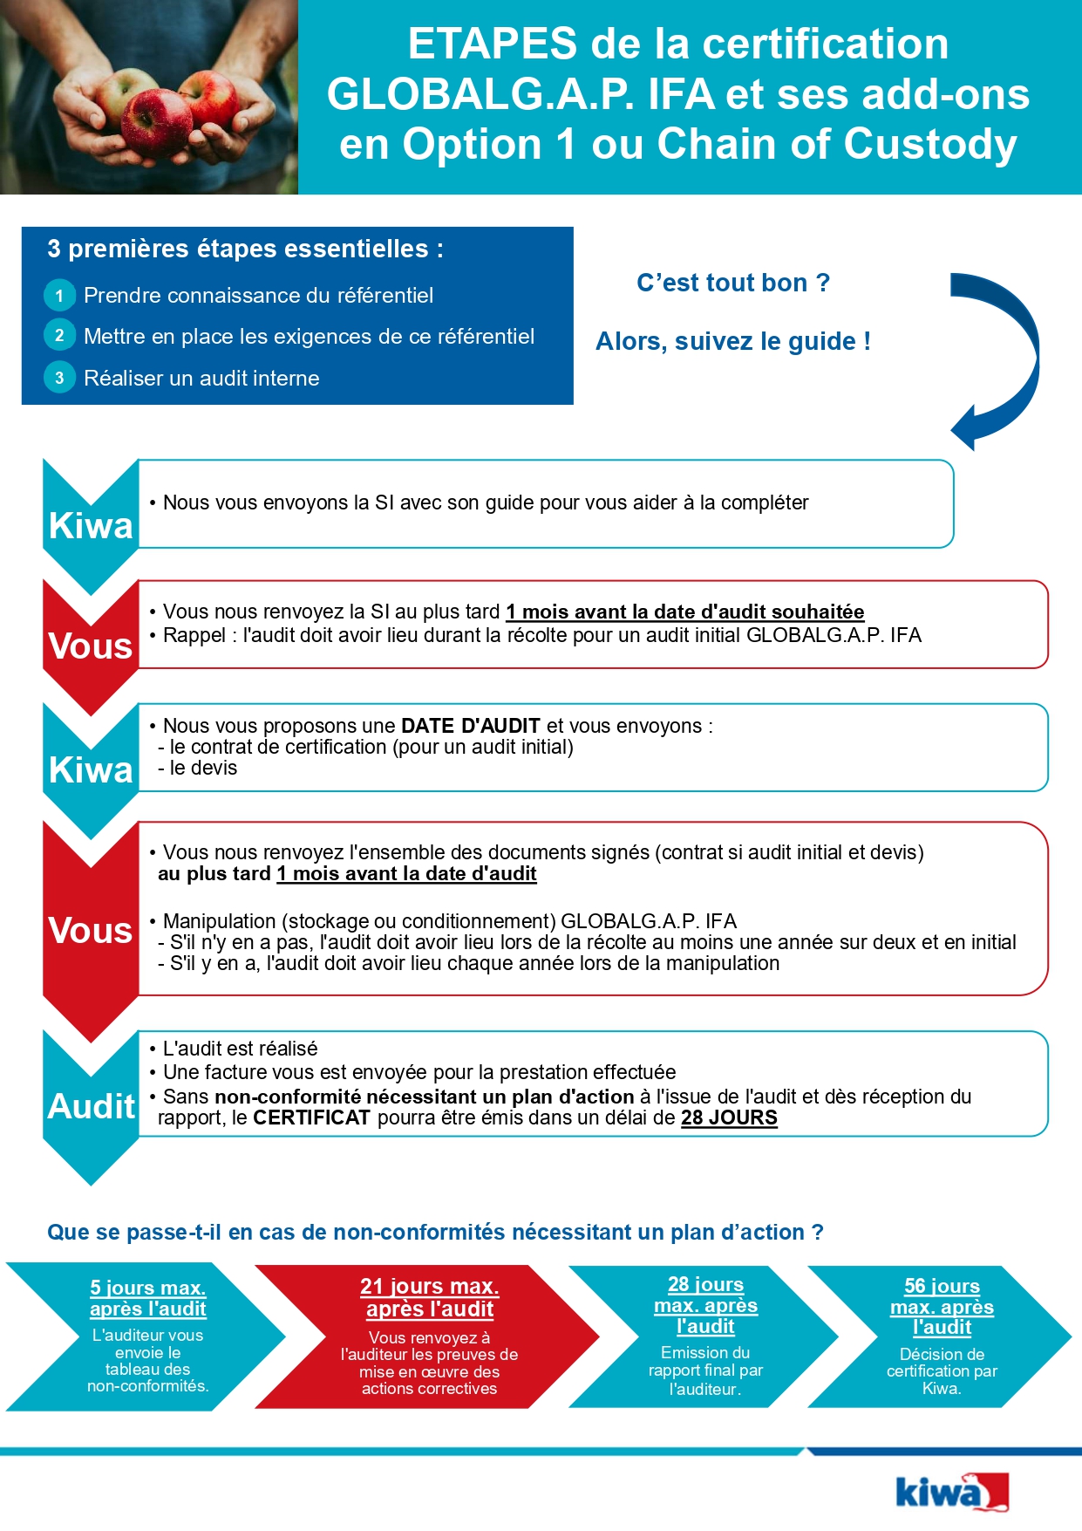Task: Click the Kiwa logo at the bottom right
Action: (951, 1493)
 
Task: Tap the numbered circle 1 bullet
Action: (59, 296)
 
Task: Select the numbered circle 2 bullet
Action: (59, 336)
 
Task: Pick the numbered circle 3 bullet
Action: (59, 378)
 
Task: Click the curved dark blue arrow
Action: (1003, 358)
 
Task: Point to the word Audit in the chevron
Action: (91, 1106)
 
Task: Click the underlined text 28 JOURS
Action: (729, 1118)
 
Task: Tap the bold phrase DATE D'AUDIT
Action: (471, 726)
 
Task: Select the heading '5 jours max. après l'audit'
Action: (148, 1298)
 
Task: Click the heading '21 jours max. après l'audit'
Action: (430, 1297)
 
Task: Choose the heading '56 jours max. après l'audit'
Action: (942, 1306)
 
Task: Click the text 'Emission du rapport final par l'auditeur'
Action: (705, 1370)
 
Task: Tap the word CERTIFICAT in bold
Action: (311, 1118)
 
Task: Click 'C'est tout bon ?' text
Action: (733, 283)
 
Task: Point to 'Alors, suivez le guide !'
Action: (733, 341)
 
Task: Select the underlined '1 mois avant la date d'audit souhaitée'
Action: (685, 612)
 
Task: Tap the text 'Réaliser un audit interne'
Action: (201, 378)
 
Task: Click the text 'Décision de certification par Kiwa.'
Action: (942, 1371)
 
